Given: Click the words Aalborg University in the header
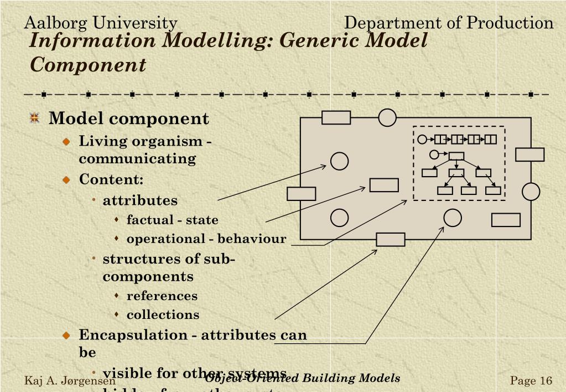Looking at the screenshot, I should pos(100,23).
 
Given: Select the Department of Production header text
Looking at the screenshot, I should pos(448,23).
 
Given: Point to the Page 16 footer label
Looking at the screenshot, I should pos(531,380).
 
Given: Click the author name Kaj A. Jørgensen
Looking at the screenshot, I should pos(70,381).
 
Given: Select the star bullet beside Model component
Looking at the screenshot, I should pos(35,118).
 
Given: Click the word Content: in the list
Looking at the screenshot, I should pos(111,179).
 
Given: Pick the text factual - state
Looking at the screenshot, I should pos(172,220).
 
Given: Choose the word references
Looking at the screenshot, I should pos(162,296).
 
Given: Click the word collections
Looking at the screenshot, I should pos(163,314).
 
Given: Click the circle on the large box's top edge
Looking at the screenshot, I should pos(387,117).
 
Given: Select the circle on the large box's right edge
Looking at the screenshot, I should pos(531,192).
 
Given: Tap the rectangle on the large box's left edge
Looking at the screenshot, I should pos(301,194).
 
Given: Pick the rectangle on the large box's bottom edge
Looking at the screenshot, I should pos(390,239).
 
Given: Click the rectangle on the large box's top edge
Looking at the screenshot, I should pos(336,117).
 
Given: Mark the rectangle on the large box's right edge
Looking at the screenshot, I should pos(529,154).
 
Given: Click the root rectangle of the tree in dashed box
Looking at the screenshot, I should pos(456,155).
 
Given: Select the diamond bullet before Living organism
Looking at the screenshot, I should pos(66,142).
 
